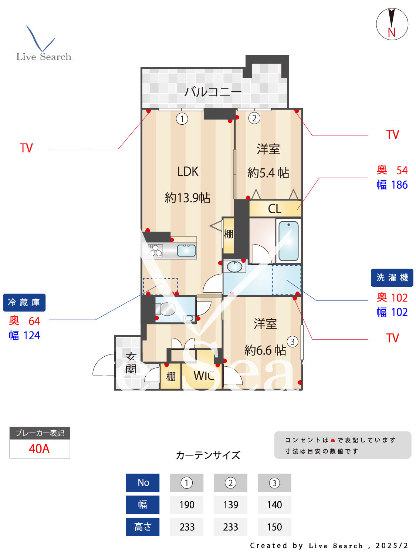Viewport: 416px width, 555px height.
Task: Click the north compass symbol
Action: pyautogui.click(x=392, y=24)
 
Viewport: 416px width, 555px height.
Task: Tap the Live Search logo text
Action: pyautogui.click(x=44, y=57)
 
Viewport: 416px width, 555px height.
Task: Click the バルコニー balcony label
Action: pyautogui.click(x=213, y=91)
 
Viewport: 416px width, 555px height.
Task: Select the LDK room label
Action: pyautogui.click(x=188, y=172)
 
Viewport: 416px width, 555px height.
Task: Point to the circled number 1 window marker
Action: pyautogui.click(x=182, y=119)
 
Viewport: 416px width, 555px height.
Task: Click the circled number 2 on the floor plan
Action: pyautogui.click(x=254, y=118)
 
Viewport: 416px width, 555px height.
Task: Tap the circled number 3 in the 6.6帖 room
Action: pyautogui.click(x=292, y=342)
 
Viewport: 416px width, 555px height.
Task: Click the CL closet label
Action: pyautogui.click(x=275, y=209)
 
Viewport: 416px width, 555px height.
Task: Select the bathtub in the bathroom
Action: pyautogui.click(x=288, y=241)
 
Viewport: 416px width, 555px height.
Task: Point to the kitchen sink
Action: pyautogui.click(x=186, y=250)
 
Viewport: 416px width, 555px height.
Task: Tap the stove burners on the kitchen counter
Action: pyautogui.click(x=156, y=250)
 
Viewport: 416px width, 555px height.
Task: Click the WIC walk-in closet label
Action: pyautogui.click(x=204, y=376)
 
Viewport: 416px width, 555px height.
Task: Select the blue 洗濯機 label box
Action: pyautogui.click(x=392, y=277)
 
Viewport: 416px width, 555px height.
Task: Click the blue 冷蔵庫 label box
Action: pyautogui.click(x=24, y=303)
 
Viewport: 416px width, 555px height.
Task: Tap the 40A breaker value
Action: pyautogui.click(x=39, y=449)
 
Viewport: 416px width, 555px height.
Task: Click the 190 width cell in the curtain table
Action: pyautogui.click(x=187, y=505)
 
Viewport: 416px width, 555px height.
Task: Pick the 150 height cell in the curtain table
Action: pyautogui.click(x=274, y=527)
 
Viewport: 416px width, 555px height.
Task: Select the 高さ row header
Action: pyautogui.click(x=143, y=527)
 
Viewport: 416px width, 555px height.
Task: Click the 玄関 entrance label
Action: pyautogui.click(x=131, y=363)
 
